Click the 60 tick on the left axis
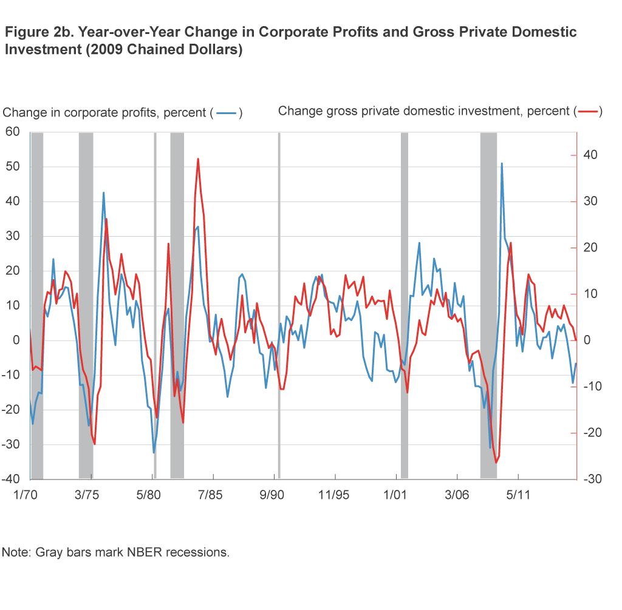click(12, 132)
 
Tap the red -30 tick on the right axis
click(590, 479)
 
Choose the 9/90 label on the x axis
click(273, 495)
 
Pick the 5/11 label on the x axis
click(518, 495)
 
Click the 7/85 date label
click(211, 495)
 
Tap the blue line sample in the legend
click(226, 113)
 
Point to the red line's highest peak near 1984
click(198, 159)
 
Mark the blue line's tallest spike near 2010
click(502, 163)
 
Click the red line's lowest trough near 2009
click(496, 463)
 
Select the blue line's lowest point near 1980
click(154, 452)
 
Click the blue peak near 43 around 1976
click(103, 193)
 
